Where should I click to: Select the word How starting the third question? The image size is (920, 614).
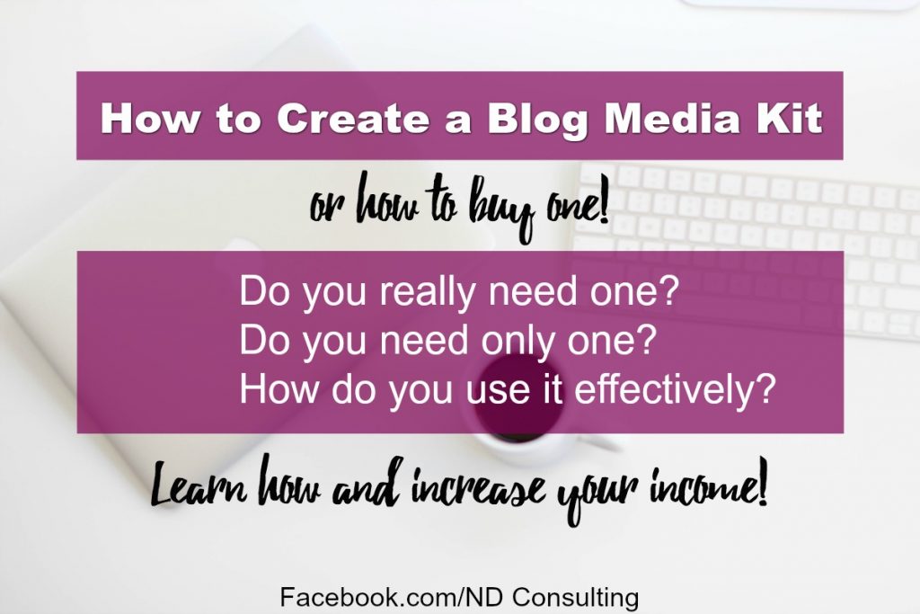click(x=271, y=392)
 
